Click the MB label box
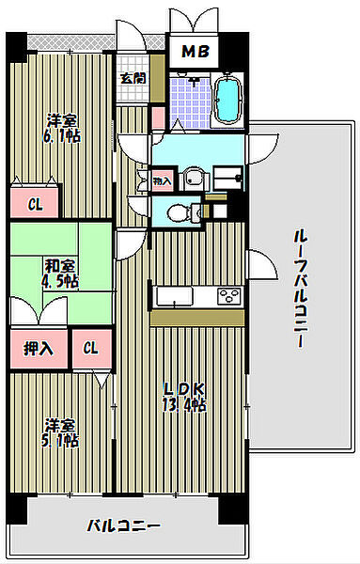[x=194, y=52]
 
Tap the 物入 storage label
[x=162, y=179]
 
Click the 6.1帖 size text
[x=62, y=136]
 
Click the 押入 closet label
[x=38, y=349]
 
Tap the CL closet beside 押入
[x=90, y=349]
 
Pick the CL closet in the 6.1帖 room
[x=34, y=203]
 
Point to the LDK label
[x=184, y=389]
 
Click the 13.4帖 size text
[x=184, y=405]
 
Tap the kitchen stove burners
[x=227, y=297]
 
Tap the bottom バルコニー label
[x=123, y=525]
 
